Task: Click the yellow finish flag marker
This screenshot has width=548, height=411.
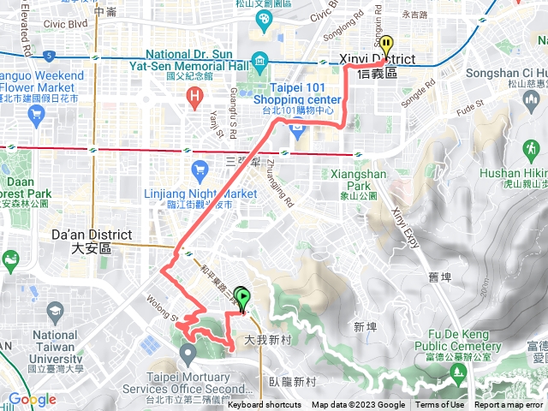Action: [386, 46]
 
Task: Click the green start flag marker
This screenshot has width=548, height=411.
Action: [242, 300]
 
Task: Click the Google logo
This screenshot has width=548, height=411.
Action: [32, 400]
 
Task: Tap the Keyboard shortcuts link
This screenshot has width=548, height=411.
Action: [265, 405]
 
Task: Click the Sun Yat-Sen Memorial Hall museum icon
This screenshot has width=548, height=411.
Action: [260, 59]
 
